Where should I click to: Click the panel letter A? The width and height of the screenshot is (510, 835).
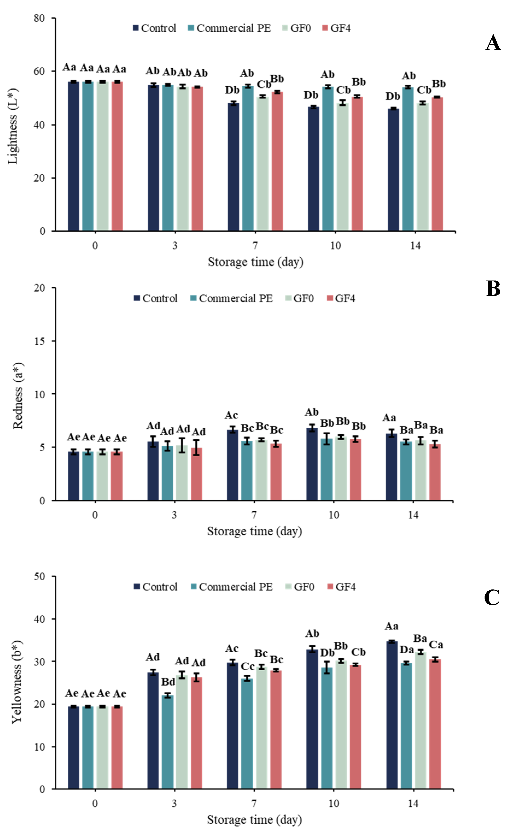(x=493, y=43)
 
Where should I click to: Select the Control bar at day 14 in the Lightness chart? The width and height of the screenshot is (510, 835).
(x=393, y=170)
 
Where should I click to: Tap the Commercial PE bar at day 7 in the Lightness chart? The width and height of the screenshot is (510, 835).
(x=248, y=159)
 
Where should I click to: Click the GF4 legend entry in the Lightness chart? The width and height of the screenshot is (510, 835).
(x=336, y=28)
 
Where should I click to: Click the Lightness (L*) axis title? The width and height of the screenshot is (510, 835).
(x=13, y=126)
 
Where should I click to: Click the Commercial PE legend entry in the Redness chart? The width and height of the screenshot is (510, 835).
(x=231, y=298)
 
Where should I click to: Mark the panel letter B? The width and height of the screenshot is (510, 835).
(x=493, y=288)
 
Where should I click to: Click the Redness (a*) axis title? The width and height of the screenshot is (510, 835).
(x=18, y=396)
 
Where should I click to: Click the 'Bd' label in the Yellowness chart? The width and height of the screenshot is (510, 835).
(x=168, y=682)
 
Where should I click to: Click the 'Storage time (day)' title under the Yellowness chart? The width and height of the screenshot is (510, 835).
(x=255, y=820)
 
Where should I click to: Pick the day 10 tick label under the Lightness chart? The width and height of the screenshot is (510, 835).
(x=335, y=245)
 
